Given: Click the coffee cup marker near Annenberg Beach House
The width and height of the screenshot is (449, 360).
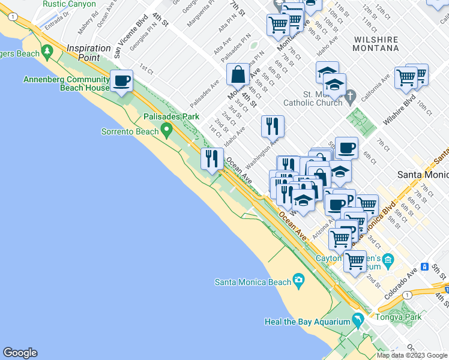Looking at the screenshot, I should (122, 80).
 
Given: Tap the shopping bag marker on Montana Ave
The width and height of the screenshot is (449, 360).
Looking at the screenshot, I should (238, 74).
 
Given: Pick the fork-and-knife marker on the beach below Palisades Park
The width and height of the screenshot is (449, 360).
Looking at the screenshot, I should (211, 159).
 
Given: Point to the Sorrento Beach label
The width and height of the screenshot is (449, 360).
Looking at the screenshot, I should (130, 131).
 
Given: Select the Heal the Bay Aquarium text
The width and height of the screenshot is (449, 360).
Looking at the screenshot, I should (307, 322).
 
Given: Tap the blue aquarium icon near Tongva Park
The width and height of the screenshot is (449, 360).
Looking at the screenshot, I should (358, 321).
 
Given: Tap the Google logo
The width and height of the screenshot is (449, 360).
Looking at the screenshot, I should (20, 353).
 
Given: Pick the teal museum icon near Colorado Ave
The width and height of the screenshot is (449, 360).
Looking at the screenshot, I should (388, 260).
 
